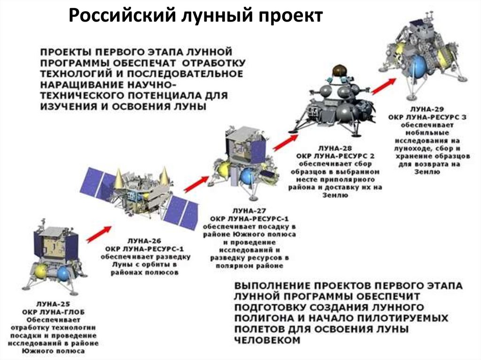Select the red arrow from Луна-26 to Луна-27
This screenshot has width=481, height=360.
click(196, 184)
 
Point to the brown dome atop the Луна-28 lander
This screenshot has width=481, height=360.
click(338, 70)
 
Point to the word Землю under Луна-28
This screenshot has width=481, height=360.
click(335, 195)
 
